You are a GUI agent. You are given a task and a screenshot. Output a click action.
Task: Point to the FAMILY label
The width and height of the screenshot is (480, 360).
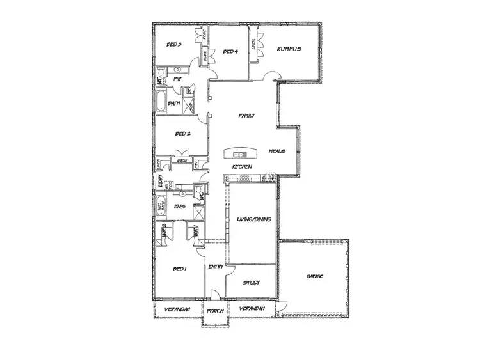click(247, 116)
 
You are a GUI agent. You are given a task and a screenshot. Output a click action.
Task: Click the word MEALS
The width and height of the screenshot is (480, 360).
click(277, 151)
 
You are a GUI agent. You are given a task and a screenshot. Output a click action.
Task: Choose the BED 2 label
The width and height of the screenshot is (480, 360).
click(182, 134)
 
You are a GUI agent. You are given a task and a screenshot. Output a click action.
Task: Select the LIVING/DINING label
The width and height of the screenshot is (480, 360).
click(254, 219)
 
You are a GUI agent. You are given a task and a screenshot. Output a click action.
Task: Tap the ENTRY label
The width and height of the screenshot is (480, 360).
click(216, 267)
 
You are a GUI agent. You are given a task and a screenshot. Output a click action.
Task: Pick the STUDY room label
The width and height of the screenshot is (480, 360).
click(251, 281)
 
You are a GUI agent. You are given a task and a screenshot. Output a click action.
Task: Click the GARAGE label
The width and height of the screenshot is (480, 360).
click(314, 276)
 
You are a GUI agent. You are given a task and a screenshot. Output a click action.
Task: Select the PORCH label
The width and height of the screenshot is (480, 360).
click(213, 311)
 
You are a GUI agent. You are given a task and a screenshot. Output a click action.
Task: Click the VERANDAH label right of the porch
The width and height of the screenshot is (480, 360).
click(252, 309)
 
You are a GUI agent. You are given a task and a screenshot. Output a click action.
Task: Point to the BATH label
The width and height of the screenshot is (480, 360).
click(173, 103)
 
